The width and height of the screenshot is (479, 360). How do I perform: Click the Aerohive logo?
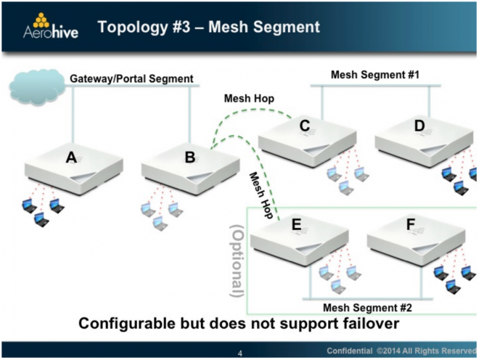(x=51, y=26)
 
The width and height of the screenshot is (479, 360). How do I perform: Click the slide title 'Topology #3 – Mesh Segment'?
(x=208, y=27)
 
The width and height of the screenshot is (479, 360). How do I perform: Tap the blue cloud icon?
(x=37, y=87)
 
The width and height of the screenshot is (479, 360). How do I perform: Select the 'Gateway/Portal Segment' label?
(x=131, y=78)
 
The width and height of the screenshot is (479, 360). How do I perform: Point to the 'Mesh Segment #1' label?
(x=375, y=75)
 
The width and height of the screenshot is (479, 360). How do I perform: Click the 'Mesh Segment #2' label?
(x=367, y=308)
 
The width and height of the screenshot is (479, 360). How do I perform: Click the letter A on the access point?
(x=71, y=157)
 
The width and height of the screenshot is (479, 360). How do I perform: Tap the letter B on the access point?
(x=190, y=157)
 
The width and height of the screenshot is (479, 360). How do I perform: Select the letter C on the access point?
(x=305, y=126)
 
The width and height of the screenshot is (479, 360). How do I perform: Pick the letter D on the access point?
(x=419, y=126)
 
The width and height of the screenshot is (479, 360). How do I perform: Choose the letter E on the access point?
(x=296, y=224)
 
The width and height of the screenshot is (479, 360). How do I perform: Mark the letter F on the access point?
(x=411, y=224)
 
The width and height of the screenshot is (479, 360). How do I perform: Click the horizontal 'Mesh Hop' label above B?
(x=249, y=99)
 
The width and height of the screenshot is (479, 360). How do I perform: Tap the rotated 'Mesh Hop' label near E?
(x=261, y=195)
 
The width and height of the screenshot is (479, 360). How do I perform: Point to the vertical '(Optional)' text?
(x=237, y=261)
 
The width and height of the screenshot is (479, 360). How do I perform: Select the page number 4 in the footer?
(x=239, y=353)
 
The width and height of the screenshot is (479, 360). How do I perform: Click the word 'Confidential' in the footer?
(x=350, y=351)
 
